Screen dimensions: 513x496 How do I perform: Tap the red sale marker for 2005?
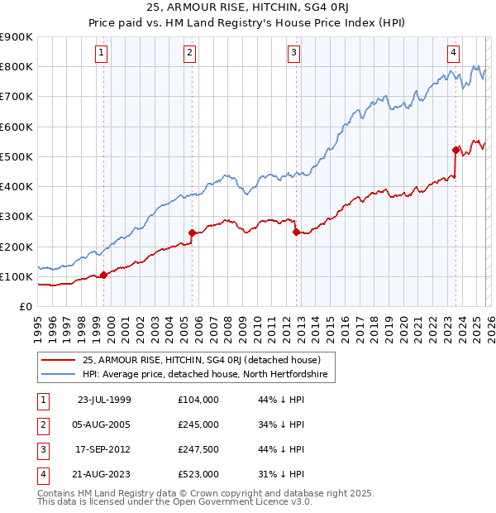click(x=192, y=233)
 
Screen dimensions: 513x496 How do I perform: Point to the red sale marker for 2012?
click(x=296, y=233)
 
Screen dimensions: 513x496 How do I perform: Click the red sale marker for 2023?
click(x=455, y=150)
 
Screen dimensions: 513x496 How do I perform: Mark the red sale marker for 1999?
click(x=103, y=275)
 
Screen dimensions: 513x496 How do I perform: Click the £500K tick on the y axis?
click(x=17, y=156)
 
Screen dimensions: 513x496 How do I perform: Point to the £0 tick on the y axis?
click(x=25, y=306)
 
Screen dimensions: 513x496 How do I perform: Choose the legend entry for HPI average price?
click(x=205, y=375)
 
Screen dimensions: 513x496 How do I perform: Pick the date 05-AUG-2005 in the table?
click(x=108, y=424)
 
